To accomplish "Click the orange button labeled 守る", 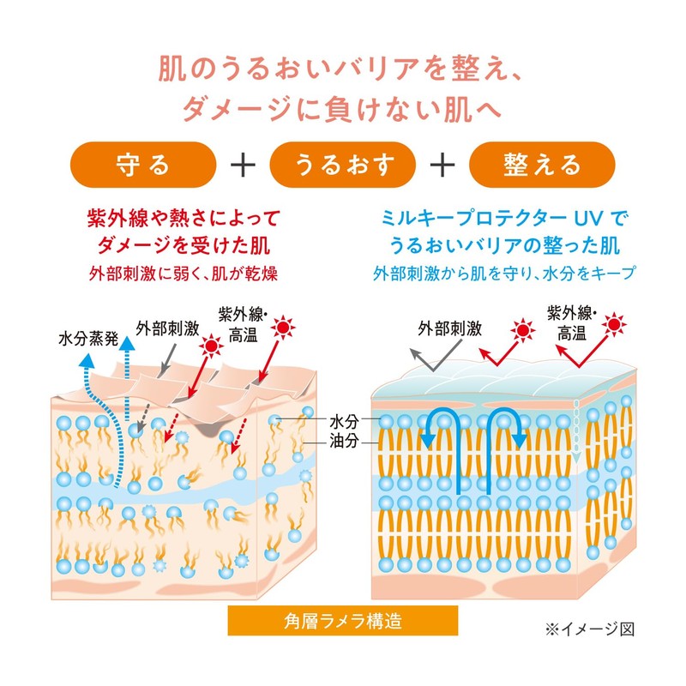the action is click(143, 165).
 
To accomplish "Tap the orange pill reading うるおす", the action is click(342, 165).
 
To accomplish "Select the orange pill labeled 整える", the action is click(542, 165).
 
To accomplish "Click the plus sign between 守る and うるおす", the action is click(243, 165).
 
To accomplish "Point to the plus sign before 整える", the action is click(442, 165).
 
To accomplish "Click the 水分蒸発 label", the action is click(88, 338).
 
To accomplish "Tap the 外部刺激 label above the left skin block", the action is click(167, 328).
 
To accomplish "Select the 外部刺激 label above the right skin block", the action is click(449, 328).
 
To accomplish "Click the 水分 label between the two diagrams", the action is click(344, 422).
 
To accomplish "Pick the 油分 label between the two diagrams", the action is click(344, 441).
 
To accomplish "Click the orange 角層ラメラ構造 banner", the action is click(342, 620).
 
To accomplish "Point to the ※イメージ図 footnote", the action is click(590, 629).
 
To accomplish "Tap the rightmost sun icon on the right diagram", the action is click(614, 325).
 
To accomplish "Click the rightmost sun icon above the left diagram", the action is click(283, 327).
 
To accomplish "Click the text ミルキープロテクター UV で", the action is click(504, 218).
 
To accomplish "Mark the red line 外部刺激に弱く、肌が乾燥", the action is click(184, 274).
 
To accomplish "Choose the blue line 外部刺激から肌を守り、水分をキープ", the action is click(504, 274).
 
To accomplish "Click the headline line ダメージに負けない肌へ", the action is click(341, 110).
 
